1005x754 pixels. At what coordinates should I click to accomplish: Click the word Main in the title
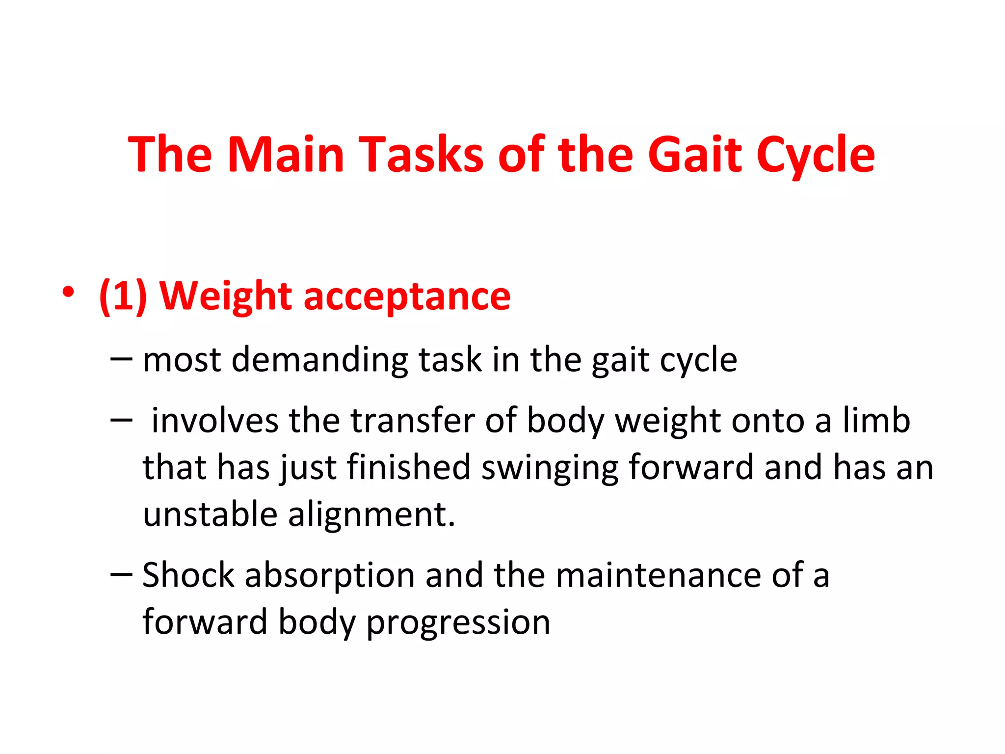[x=286, y=155]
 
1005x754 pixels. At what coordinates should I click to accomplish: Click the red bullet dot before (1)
[x=68, y=293]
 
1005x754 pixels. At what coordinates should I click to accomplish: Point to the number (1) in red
[x=123, y=296]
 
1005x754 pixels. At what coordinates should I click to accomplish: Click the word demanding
[x=319, y=360]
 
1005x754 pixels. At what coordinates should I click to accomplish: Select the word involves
[x=215, y=421]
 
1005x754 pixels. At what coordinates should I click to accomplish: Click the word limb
[x=876, y=421]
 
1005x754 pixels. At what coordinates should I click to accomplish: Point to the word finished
[x=408, y=467]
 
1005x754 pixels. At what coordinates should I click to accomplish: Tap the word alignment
[x=371, y=515]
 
